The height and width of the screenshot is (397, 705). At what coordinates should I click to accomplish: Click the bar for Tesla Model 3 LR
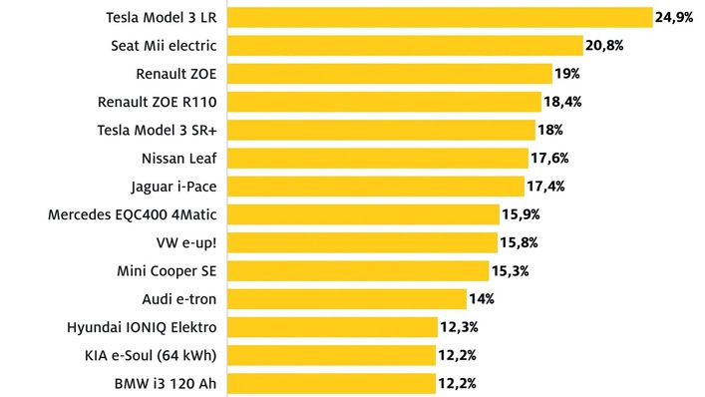440,17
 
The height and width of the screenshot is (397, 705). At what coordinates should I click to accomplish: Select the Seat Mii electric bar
405,45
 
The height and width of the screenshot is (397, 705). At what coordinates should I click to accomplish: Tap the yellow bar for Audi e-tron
347,298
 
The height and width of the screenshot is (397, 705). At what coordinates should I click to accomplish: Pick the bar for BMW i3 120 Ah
332,383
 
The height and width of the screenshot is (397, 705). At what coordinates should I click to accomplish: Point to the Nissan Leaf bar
377,158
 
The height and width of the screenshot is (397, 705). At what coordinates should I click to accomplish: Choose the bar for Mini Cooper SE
358,270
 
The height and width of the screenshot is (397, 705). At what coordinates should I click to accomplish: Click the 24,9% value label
674,17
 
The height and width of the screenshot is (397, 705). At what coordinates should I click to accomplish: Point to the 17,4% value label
547,186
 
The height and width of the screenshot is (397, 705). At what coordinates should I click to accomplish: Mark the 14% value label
483,298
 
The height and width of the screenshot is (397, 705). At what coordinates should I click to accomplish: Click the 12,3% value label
459,326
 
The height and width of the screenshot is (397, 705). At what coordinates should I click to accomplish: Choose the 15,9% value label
523,213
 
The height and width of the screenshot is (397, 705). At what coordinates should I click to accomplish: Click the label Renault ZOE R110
158,102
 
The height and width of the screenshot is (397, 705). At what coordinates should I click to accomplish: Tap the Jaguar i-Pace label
174,186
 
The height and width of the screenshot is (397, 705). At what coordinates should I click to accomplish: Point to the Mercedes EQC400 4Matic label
133,213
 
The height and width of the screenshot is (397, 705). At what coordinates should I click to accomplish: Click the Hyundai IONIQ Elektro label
142,326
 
